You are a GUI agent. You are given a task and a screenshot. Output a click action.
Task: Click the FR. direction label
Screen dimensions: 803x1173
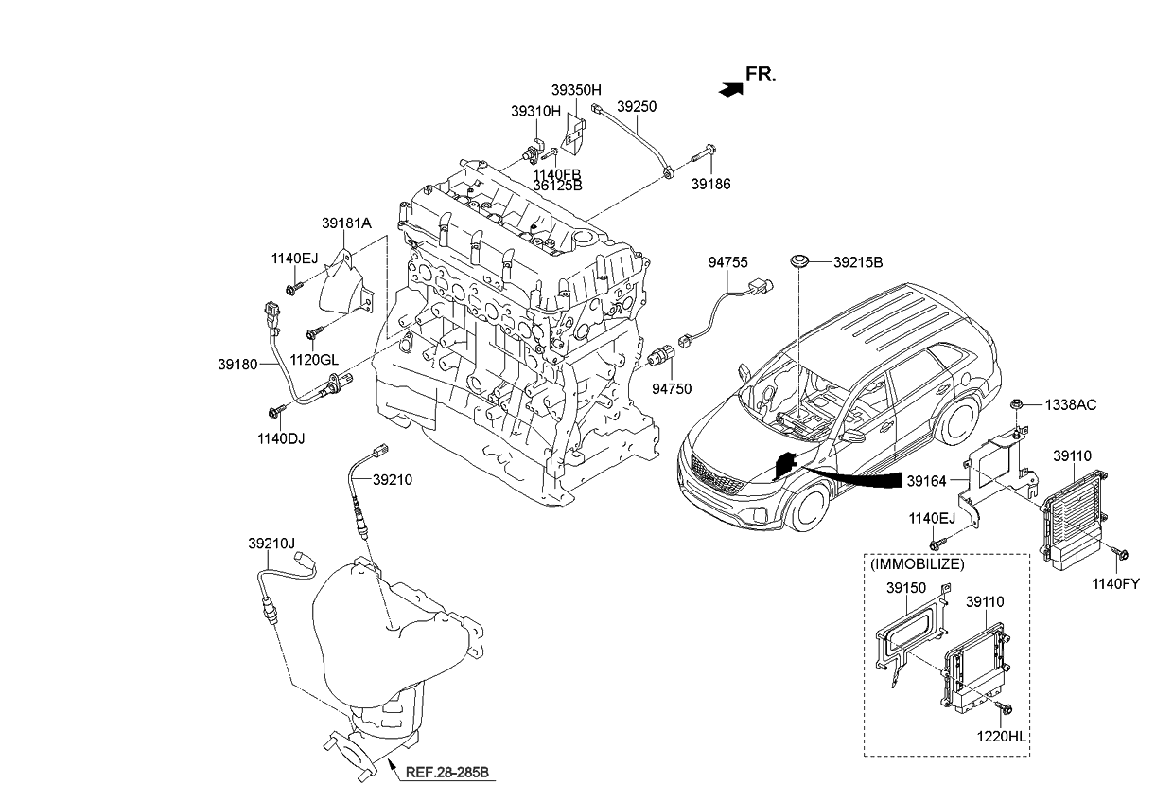pyautogui.click(x=761, y=75)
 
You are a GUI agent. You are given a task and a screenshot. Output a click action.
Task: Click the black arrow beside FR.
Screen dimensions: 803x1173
pyautogui.click(x=728, y=89)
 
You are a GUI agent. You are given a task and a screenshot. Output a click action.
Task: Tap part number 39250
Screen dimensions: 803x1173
pyautogui.click(x=636, y=106)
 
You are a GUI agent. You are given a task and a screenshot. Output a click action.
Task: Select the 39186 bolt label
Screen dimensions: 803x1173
pyautogui.click(x=710, y=184)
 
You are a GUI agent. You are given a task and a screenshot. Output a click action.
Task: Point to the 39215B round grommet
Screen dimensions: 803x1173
pyautogui.click(x=800, y=260)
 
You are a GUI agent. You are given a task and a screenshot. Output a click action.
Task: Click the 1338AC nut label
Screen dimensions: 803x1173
pyautogui.click(x=1070, y=404)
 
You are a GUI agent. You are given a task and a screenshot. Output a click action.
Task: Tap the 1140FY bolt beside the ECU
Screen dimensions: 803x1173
pyautogui.click(x=1124, y=552)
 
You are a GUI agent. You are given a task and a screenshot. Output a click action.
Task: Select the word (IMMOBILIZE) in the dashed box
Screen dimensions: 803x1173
pyautogui.click(x=917, y=564)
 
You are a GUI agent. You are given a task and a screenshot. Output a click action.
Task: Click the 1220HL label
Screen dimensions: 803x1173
pyautogui.click(x=1005, y=735)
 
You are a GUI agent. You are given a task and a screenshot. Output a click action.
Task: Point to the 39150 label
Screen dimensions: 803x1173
pyautogui.click(x=905, y=587)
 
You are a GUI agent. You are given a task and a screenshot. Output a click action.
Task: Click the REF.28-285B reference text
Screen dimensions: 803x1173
pyautogui.click(x=446, y=772)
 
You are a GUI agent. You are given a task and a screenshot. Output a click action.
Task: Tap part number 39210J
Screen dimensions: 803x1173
pyautogui.click(x=271, y=544)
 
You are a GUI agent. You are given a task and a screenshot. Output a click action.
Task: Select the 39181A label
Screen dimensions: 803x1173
pyautogui.click(x=345, y=223)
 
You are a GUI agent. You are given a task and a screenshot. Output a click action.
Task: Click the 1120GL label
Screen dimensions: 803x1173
pyautogui.click(x=313, y=360)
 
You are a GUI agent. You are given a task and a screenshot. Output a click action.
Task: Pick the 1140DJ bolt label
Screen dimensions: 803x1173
pyautogui.click(x=281, y=438)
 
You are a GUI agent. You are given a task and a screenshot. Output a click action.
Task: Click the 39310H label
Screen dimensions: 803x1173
pyautogui.click(x=535, y=111)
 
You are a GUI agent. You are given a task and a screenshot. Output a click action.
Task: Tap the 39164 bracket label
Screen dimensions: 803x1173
pyautogui.click(x=927, y=481)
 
